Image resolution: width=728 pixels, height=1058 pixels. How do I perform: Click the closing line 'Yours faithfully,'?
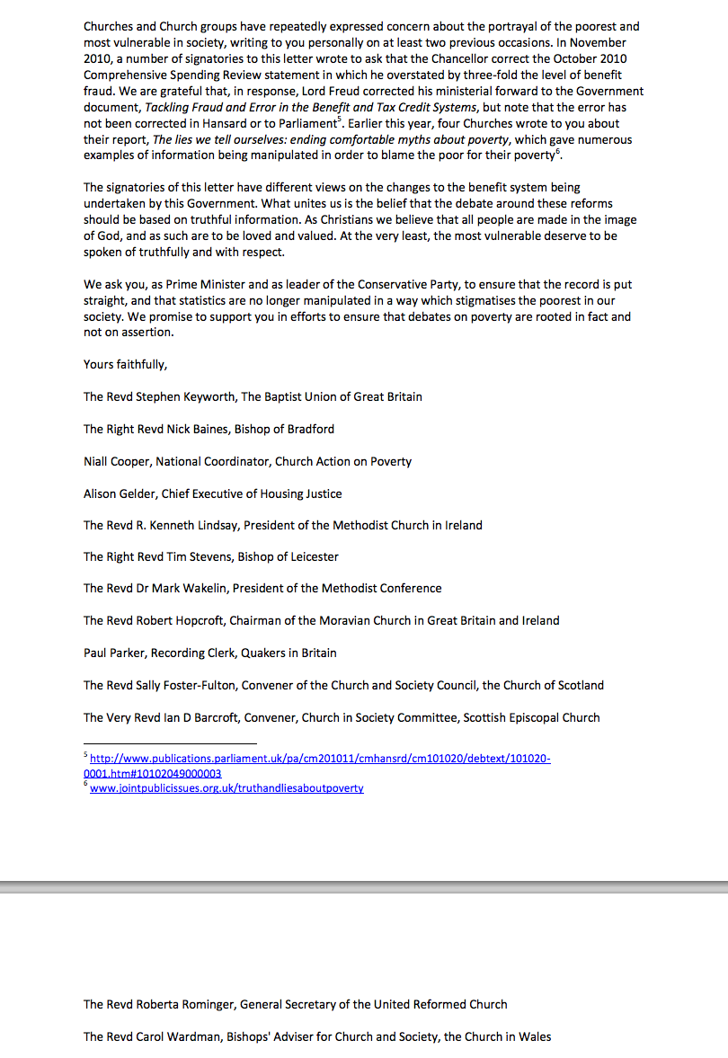(x=125, y=364)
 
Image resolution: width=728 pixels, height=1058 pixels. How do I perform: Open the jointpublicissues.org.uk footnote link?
(x=226, y=788)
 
